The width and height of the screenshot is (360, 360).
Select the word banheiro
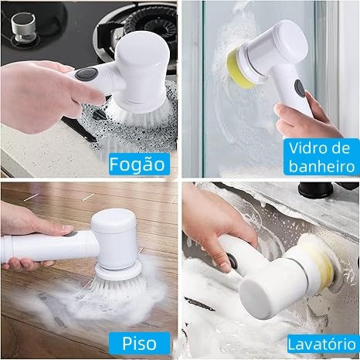click(322, 166)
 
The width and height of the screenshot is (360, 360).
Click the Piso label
click(139, 343)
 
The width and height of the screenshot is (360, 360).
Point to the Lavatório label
click(322, 345)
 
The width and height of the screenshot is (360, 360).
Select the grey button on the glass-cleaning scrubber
click(300, 88)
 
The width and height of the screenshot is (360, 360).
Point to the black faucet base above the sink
click(315, 190)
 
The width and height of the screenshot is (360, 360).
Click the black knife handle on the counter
click(80, 129)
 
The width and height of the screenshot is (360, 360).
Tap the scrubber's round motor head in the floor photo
click(114, 238)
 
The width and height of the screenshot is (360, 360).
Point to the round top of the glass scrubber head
click(290, 39)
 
